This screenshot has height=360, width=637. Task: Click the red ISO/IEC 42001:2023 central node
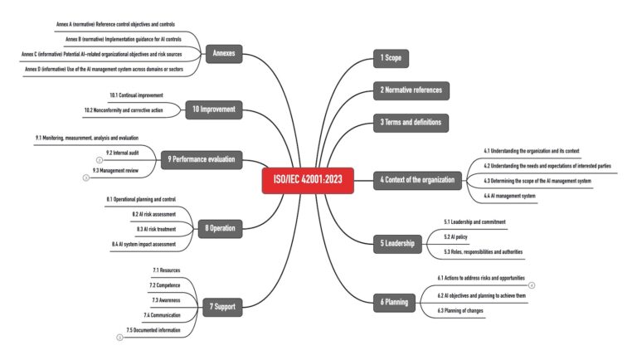tap(308, 179)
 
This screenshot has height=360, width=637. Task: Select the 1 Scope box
tap(391, 58)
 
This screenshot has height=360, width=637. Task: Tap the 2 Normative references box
tap(411, 90)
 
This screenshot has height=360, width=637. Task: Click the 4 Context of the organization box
tap(417, 179)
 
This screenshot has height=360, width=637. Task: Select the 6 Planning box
tap(394, 302)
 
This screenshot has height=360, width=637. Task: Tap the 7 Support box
tap(220, 307)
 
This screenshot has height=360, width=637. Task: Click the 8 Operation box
tap(220, 227)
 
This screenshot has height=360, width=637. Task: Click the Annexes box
tap(223, 54)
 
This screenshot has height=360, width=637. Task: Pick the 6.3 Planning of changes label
tap(460, 309)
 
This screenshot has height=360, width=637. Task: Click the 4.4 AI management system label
tap(509, 196)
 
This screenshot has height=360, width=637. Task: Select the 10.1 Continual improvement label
tap(136, 95)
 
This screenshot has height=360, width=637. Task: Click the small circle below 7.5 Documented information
tap(119, 337)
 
